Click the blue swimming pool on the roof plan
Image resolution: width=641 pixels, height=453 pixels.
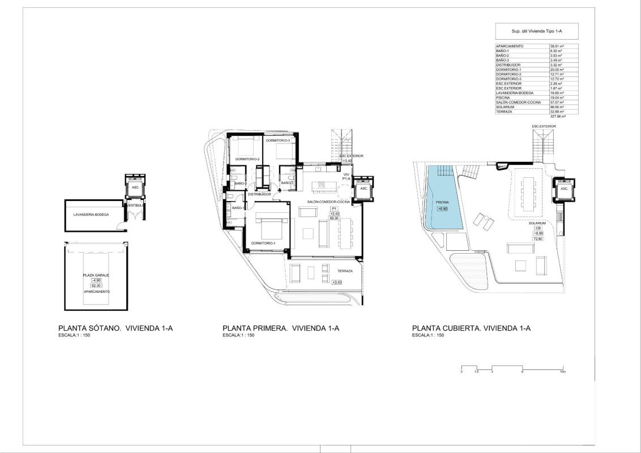pos(444,193)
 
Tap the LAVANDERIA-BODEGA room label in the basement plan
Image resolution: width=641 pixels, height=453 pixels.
pos(91,215)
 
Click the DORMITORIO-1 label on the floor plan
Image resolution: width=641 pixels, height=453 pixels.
pos(263,243)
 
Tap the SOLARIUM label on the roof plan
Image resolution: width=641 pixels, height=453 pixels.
pos(537,224)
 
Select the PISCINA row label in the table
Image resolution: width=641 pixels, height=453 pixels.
pos(503,97)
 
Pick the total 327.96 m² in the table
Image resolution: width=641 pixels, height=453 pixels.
pos(557,116)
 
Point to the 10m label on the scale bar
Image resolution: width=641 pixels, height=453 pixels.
pos(562,371)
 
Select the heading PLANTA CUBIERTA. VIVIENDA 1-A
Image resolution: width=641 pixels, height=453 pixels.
pos(471,328)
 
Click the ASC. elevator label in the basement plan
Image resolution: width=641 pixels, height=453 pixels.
pos(135,187)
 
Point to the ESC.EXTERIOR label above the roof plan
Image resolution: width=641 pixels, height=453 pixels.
pos(544,126)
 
